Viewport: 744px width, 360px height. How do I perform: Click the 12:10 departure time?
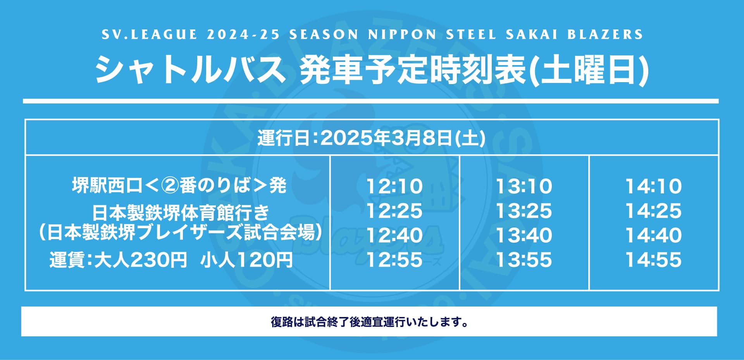(394, 186)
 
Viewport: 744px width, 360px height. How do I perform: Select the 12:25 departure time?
(394, 211)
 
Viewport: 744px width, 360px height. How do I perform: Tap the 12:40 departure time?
(394, 235)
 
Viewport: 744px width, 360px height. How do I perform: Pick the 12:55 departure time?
(394, 260)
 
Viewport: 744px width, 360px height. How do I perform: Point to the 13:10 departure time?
(524, 186)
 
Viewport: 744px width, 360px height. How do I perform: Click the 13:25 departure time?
(524, 211)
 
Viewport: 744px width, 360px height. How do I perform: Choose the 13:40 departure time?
(524, 235)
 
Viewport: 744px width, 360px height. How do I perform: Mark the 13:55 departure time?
(524, 260)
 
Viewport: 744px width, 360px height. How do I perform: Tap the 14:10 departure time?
(654, 186)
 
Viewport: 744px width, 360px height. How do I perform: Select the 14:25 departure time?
(654, 211)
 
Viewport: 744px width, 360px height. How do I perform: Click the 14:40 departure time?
(654, 235)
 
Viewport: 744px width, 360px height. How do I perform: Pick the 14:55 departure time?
(654, 260)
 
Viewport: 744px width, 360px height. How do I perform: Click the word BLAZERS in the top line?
(605, 34)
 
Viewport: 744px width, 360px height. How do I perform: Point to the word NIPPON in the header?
(402, 34)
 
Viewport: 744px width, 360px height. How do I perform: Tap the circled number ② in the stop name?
(170, 186)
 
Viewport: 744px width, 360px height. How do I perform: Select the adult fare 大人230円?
(141, 260)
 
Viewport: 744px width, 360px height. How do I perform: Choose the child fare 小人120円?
(246, 260)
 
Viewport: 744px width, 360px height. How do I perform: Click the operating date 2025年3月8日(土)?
(403, 138)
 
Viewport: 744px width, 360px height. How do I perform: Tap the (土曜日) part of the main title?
(589, 70)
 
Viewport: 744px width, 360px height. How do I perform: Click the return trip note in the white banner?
(369, 322)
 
